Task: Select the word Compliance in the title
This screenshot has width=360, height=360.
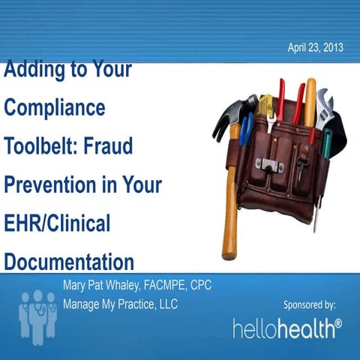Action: tap(55, 107)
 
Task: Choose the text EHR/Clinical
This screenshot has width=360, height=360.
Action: tap(57, 223)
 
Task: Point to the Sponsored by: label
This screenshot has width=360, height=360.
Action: tap(309, 304)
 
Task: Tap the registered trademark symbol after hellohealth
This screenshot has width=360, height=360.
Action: tap(337, 323)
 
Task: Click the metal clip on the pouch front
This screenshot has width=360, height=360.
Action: tap(264, 162)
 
